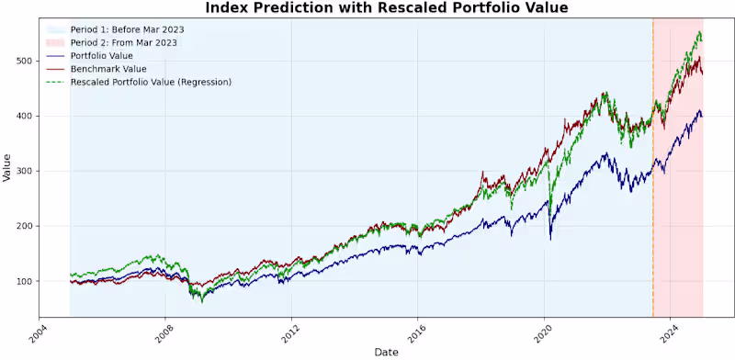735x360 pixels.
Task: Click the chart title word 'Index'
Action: click(230, 8)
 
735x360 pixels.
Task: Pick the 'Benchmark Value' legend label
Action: click(108, 68)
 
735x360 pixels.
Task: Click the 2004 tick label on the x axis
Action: click(37, 333)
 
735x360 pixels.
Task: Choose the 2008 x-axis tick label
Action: click(164, 333)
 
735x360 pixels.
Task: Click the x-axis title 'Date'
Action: click(386, 352)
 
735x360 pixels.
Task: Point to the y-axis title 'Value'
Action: click(7, 167)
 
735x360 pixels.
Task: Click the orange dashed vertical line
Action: click(653, 184)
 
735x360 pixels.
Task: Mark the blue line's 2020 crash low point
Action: click(550, 239)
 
